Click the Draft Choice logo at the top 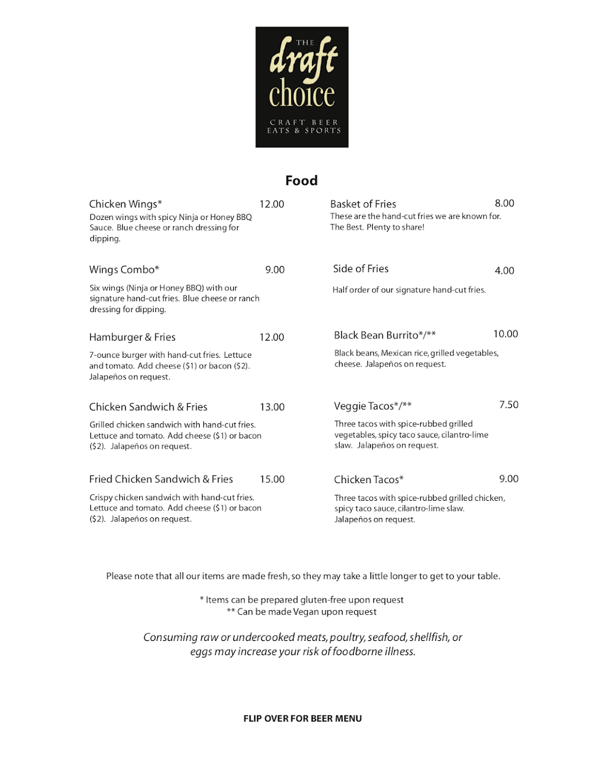(302, 87)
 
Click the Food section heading (301, 180)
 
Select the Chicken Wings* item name (125, 204)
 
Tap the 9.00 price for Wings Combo (275, 270)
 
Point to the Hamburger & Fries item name (132, 337)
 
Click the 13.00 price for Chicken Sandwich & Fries (272, 407)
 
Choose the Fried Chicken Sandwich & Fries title (161, 479)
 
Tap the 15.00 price (272, 479)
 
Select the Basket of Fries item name (363, 204)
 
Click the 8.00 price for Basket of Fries (504, 203)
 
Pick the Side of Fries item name (360, 268)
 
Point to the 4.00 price (504, 271)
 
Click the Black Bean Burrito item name (385, 335)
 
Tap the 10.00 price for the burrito (505, 334)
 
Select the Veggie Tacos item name (373, 406)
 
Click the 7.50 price (509, 405)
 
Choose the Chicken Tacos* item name (369, 480)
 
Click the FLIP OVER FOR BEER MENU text (302, 718)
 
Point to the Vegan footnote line (301, 612)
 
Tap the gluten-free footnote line (301, 600)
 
